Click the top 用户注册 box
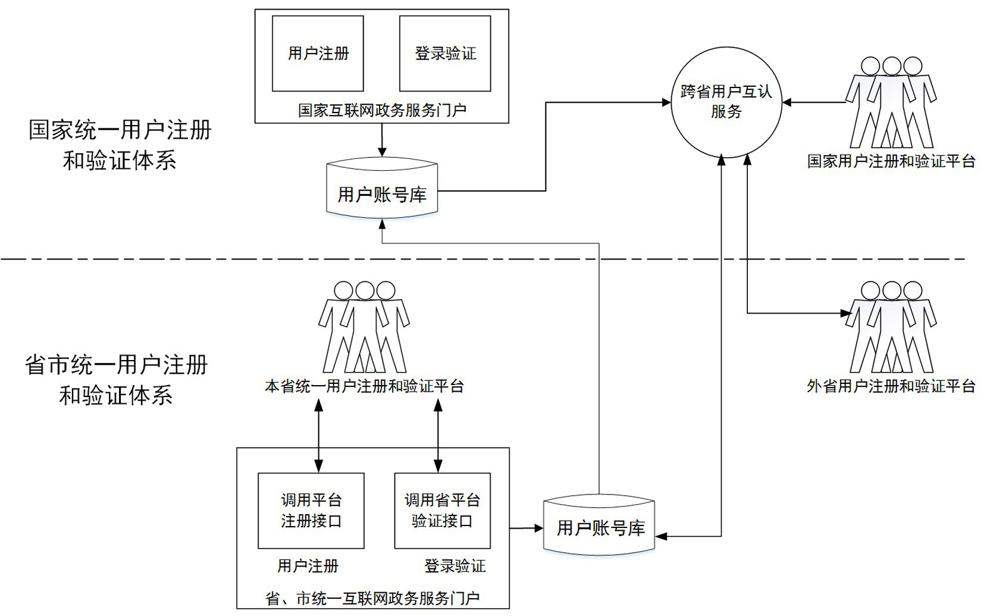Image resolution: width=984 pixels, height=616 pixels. tap(318, 54)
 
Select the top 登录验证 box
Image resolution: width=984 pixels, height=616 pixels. tap(445, 54)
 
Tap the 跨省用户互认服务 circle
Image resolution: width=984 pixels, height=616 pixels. tap(726, 102)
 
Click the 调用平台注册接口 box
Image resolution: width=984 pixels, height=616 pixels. tap(311, 511)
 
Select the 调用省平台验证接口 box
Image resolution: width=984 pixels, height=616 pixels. tap(442, 511)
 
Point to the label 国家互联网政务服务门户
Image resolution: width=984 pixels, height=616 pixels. tap(382, 110)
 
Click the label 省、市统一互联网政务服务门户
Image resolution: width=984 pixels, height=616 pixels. tap(372, 598)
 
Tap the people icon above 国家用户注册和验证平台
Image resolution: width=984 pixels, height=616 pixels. tap(891, 102)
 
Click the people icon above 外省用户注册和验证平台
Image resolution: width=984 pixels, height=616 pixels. tap(891, 327)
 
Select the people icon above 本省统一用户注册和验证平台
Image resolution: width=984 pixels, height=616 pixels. tap(364, 327)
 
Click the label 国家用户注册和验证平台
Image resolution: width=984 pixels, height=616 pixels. tap(891, 161)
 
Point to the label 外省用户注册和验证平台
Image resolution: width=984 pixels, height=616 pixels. tap(891, 386)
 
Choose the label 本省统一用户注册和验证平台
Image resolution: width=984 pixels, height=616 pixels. tap(364, 386)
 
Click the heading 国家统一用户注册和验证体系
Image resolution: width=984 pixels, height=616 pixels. tap(120, 145)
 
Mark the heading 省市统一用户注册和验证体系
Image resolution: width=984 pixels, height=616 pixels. tap(117, 380)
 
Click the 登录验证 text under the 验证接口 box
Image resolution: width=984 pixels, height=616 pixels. tap(455, 566)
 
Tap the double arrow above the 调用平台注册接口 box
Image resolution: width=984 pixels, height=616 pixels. tap(319, 434)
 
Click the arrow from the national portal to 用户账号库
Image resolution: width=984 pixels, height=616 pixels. tap(382, 139)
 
